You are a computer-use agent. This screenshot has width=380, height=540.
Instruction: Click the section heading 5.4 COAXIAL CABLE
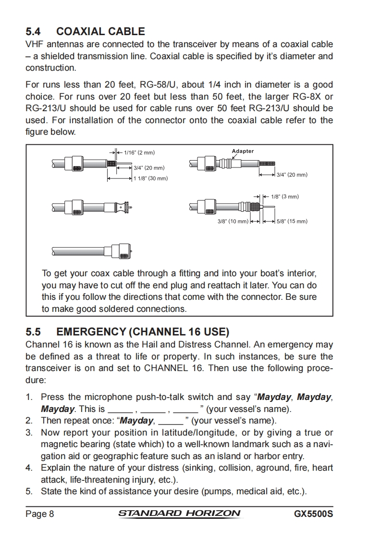click(85, 32)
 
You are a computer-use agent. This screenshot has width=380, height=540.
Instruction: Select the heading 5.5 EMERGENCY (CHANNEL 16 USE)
click(127, 332)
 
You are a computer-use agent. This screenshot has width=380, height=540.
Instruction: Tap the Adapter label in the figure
click(243, 151)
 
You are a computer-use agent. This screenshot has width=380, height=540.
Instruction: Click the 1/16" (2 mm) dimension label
click(139, 153)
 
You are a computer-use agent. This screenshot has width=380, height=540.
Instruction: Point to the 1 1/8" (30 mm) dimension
click(150, 178)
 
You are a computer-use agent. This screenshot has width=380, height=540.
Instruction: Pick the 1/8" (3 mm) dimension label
click(284, 196)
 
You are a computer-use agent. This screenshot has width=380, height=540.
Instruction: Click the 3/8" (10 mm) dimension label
click(233, 221)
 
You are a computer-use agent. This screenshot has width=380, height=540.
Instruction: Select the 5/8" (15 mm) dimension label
click(292, 221)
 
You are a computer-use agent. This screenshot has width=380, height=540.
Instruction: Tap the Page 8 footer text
click(39, 514)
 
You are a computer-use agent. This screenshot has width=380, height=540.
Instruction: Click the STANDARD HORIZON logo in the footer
click(179, 513)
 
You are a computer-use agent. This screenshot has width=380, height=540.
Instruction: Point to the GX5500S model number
click(314, 514)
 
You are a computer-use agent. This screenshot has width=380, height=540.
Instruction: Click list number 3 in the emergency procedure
click(29, 433)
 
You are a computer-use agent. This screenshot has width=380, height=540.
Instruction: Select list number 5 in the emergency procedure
click(29, 491)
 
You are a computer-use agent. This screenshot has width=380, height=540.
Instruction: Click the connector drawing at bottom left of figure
click(91, 251)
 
